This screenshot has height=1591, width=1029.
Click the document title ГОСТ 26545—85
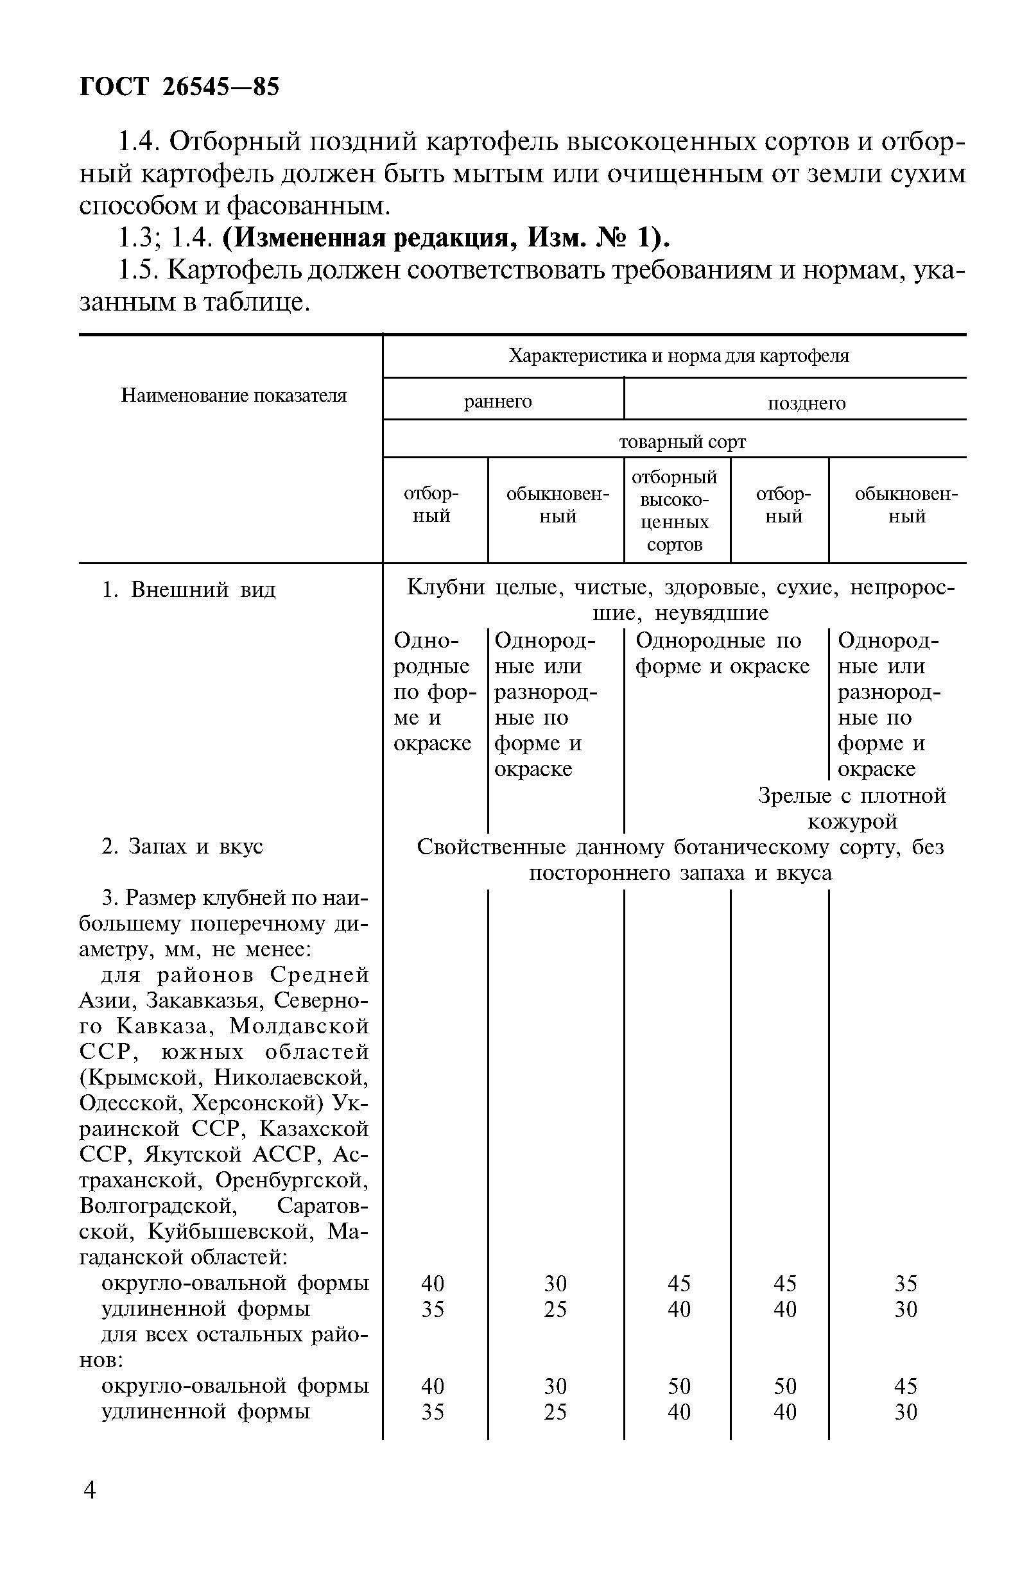coord(179,87)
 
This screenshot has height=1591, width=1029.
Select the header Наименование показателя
coord(233,396)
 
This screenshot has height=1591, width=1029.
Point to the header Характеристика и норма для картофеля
coord(679,356)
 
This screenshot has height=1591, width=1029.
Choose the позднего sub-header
coord(806,404)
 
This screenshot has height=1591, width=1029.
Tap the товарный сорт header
coord(682,442)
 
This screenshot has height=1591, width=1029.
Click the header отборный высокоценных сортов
coord(674,511)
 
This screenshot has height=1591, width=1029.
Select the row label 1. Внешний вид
coord(189,590)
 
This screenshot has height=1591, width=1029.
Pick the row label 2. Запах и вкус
coord(182,847)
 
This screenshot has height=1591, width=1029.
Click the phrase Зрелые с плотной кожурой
coord(852,809)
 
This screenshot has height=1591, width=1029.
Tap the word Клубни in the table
coord(445,588)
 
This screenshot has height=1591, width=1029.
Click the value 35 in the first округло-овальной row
coord(905,1284)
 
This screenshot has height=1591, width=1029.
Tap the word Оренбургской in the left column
coord(291,1181)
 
